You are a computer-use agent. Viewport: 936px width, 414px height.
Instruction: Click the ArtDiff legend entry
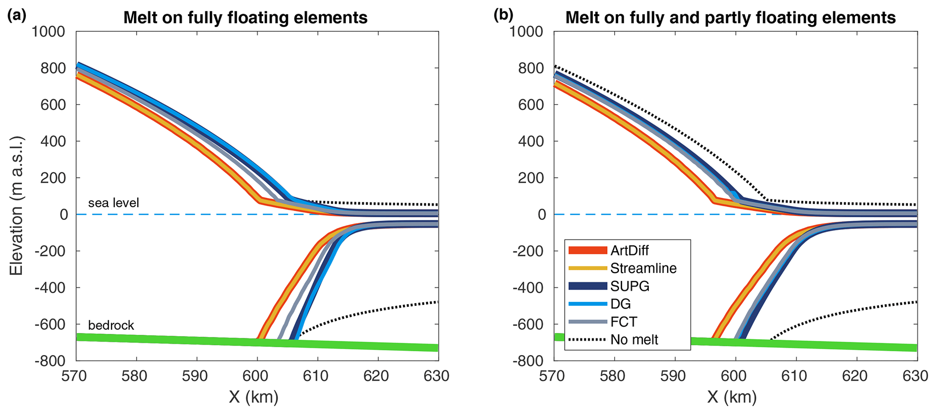point(629,250)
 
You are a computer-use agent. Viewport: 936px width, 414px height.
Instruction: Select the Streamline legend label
point(643,268)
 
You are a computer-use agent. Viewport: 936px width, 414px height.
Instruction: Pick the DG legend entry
point(620,304)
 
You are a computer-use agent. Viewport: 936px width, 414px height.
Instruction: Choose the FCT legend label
point(624,322)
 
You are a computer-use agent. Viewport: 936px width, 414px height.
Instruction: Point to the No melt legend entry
point(634,339)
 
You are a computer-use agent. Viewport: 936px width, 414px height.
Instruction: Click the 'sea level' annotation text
point(113,202)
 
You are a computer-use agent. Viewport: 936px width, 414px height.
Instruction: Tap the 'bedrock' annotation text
point(111,325)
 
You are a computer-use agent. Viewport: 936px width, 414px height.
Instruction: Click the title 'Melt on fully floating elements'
point(245,18)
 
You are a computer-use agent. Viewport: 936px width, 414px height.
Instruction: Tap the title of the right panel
point(730,18)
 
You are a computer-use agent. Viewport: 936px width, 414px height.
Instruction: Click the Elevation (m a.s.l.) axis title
point(16,205)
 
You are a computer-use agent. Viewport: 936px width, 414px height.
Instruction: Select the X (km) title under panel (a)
point(254,397)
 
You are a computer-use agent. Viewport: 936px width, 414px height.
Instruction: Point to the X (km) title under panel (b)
point(732,397)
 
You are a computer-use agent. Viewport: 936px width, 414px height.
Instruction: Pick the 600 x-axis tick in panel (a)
point(257,376)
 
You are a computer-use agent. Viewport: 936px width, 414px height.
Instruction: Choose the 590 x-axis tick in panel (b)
point(675,376)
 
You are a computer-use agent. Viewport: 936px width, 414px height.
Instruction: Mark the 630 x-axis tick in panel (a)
point(437,376)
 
